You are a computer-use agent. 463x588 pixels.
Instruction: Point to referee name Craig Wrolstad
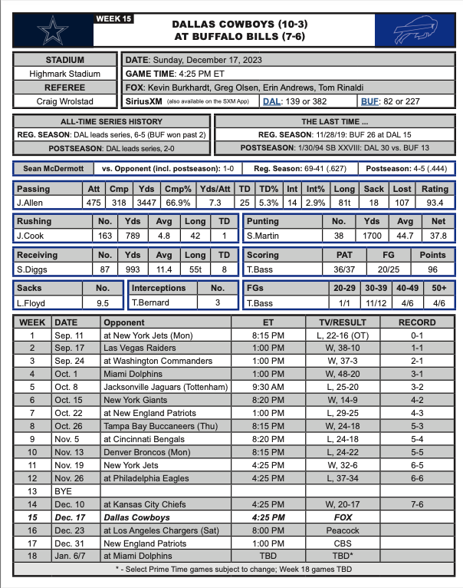click(65, 101)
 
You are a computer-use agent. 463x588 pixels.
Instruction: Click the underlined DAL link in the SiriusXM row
click(271, 101)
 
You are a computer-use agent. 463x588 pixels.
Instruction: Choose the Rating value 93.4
click(434, 202)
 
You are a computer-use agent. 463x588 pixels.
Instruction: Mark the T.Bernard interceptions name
click(151, 303)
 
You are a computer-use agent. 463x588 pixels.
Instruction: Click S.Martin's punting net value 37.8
click(435, 236)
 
